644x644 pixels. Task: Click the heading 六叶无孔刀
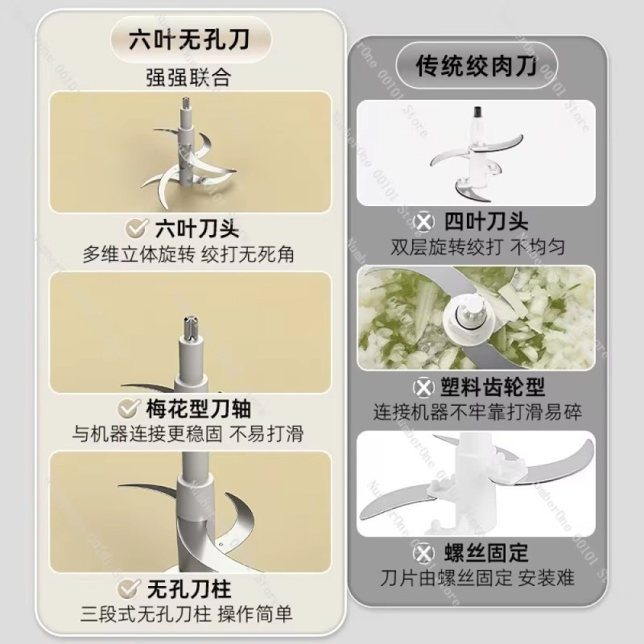coord(189,40)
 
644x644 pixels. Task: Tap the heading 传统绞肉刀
coord(477,66)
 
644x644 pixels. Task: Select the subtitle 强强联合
coord(188,77)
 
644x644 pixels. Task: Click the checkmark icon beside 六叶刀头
coord(137,229)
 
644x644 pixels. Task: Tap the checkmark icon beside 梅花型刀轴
coord(129,408)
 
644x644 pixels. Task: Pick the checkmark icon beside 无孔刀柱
coord(129,589)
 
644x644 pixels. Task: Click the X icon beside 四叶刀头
coord(424,222)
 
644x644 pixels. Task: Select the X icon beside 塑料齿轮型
coord(423,387)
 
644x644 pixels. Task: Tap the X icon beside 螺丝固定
coord(424,553)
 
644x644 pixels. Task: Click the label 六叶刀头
coord(197,229)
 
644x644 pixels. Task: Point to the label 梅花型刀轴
coord(198,408)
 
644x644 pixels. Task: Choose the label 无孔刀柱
coord(189,589)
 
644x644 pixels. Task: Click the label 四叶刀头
coord(486,222)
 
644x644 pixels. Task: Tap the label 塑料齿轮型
coord(493,387)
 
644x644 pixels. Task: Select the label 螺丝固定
coord(486,553)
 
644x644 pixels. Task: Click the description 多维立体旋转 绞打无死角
coord(188,254)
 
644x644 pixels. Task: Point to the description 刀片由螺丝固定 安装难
coord(477,578)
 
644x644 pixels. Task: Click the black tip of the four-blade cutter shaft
coord(478,112)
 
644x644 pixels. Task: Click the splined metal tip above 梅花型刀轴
coord(191,328)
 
